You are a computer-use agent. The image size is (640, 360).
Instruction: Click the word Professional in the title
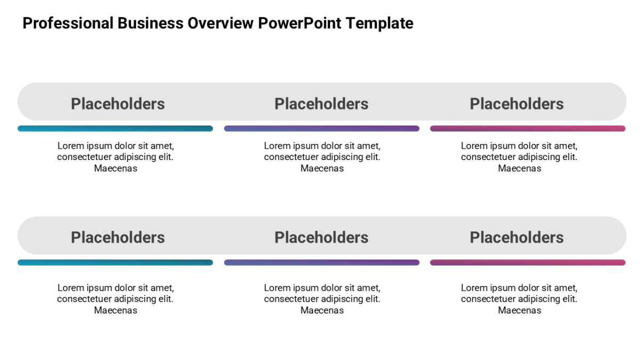[x=68, y=23]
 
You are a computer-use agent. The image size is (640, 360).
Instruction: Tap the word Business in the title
[x=150, y=23]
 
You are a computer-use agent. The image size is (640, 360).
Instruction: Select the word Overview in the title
[x=220, y=23]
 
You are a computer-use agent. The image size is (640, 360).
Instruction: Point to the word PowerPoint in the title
[x=299, y=23]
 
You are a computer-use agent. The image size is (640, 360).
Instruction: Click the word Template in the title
[x=379, y=23]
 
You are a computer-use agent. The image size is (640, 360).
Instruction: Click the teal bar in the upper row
[x=115, y=129]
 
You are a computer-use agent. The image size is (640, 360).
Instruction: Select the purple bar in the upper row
[x=322, y=129]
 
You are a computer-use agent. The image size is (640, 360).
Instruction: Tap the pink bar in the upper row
[x=527, y=129]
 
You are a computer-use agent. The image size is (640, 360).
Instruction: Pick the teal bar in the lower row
[x=115, y=262]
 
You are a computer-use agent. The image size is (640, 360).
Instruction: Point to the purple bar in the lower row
[x=322, y=262]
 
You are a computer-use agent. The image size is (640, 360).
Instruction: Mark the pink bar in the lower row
[x=527, y=262]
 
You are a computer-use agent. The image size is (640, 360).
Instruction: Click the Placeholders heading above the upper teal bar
[x=118, y=103]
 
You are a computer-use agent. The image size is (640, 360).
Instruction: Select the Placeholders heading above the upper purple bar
[x=322, y=103]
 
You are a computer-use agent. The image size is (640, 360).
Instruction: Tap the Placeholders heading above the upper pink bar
[x=517, y=103]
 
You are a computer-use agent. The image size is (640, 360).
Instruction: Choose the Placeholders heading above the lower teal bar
[x=118, y=237]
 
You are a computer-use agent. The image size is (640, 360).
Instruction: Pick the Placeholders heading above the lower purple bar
[x=322, y=237]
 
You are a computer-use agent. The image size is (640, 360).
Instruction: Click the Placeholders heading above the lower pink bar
[x=517, y=237]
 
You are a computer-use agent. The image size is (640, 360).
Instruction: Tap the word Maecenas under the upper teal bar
[x=116, y=169]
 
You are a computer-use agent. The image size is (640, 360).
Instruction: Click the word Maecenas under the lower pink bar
[x=519, y=310]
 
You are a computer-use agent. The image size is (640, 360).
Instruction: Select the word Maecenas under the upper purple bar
[x=322, y=169]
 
